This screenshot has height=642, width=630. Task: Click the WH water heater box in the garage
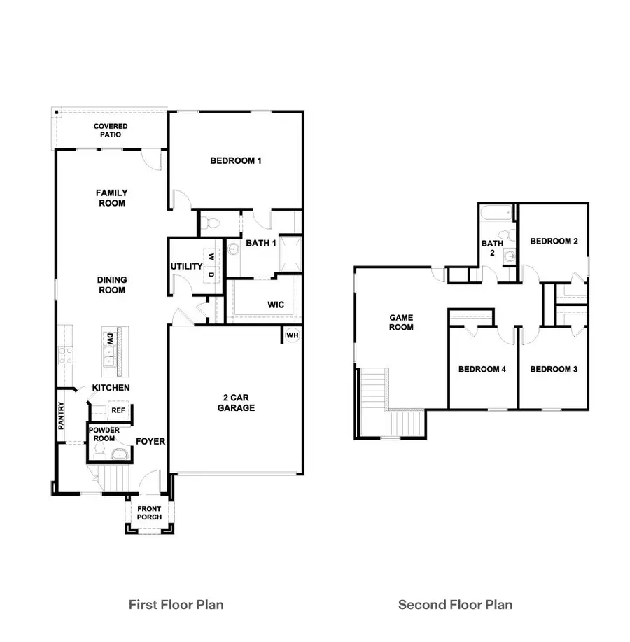pyautogui.click(x=292, y=335)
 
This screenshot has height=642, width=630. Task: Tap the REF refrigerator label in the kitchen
pyautogui.click(x=118, y=411)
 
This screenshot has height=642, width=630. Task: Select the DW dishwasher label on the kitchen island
pyautogui.click(x=111, y=340)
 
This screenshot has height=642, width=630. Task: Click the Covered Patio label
pyautogui.click(x=111, y=130)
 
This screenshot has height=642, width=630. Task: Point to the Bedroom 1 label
pyautogui.click(x=236, y=161)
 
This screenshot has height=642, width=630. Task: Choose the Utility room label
pyautogui.click(x=185, y=267)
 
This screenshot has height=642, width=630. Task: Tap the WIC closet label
pyautogui.click(x=275, y=305)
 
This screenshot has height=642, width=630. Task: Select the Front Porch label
pyautogui.click(x=149, y=513)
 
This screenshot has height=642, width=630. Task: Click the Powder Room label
pyautogui.click(x=103, y=434)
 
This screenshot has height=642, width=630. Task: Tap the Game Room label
pyautogui.click(x=401, y=322)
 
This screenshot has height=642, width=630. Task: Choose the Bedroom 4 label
pyautogui.click(x=482, y=369)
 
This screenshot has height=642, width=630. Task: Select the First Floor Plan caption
pyautogui.click(x=176, y=604)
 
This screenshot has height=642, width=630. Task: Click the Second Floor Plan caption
pyautogui.click(x=455, y=604)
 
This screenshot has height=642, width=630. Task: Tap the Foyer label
pyautogui.click(x=150, y=442)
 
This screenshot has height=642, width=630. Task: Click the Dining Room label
pyautogui.click(x=111, y=285)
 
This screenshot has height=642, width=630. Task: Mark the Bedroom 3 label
pyautogui.click(x=553, y=369)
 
